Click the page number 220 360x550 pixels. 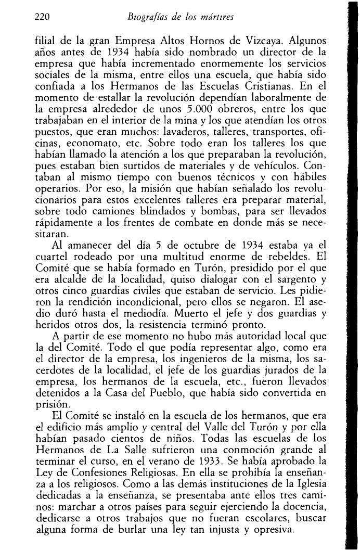pos(41,18)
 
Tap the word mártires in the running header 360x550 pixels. pos(216,18)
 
